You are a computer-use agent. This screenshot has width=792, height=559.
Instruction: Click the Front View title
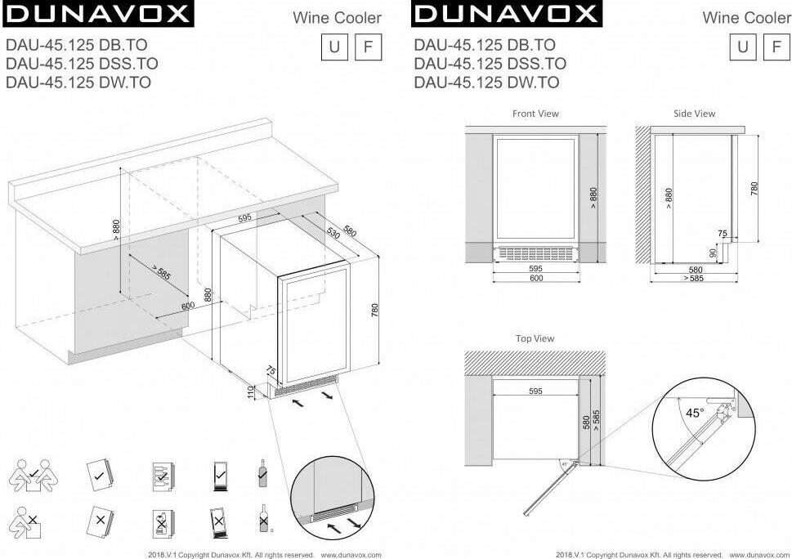(x=535, y=114)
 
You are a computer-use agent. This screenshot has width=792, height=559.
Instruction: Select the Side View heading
(x=694, y=114)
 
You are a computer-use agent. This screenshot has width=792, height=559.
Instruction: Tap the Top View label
(x=535, y=338)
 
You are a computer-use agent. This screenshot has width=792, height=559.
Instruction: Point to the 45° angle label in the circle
(x=695, y=413)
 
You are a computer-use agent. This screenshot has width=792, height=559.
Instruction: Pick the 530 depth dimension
(x=333, y=233)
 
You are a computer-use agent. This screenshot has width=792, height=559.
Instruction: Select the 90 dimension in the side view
(x=713, y=253)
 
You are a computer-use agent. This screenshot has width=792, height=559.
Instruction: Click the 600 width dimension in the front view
(x=536, y=278)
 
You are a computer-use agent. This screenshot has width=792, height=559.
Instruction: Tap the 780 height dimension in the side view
(x=754, y=189)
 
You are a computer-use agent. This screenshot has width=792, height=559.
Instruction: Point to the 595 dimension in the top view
(x=535, y=391)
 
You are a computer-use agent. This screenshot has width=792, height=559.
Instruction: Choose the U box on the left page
(x=334, y=47)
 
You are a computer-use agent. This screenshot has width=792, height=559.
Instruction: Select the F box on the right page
(x=776, y=47)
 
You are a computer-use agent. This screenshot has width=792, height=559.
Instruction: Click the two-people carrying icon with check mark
(x=34, y=475)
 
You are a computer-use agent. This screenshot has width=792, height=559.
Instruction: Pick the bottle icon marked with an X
(x=264, y=518)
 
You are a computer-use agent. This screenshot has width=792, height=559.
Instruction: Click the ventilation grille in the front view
(x=536, y=253)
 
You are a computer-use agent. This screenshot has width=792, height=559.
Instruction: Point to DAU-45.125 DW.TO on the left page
(x=78, y=83)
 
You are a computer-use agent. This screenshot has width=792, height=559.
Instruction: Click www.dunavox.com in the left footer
(x=351, y=555)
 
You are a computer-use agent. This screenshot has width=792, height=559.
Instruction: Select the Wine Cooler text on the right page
(x=746, y=18)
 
